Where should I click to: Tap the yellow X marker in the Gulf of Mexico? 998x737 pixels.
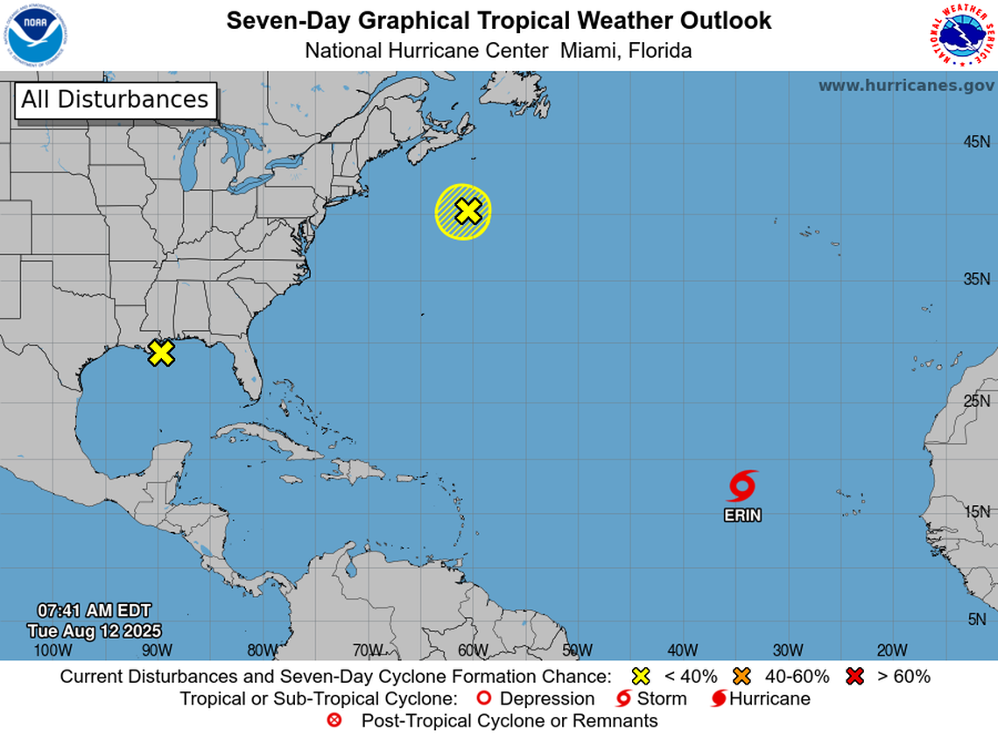click(160, 353)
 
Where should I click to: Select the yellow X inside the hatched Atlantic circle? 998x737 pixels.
click(468, 211)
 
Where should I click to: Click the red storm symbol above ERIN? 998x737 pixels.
click(741, 486)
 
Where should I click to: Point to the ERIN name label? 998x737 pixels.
click(742, 516)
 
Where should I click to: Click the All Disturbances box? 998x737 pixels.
click(115, 100)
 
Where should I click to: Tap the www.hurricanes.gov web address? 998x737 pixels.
click(906, 86)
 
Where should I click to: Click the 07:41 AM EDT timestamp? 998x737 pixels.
click(94, 610)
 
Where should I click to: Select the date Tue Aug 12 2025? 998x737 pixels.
click(94, 630)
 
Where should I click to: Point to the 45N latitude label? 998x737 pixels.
click(976, 142)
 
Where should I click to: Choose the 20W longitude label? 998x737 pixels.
click(891, 649)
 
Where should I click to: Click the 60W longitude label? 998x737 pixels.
click(472, 649)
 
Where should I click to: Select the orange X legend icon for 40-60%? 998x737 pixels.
click(744, 676)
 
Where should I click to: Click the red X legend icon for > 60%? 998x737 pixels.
click(855, 676)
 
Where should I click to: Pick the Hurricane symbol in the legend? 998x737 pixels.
click(718, 698)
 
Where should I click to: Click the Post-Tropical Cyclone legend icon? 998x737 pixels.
click(333, 721)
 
